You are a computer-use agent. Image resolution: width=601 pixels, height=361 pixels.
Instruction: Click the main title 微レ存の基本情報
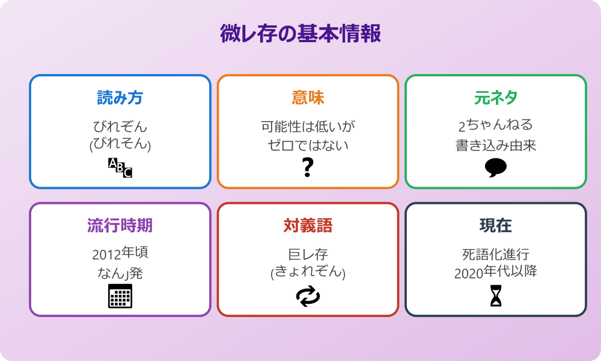(300, 34)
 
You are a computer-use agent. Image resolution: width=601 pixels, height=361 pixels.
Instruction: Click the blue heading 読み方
(120, 97)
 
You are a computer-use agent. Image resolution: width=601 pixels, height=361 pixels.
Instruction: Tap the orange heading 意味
(308, 97)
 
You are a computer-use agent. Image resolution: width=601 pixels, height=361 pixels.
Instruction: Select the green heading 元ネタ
(495, 97)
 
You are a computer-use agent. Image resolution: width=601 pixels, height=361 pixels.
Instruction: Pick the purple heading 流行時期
(120, 225)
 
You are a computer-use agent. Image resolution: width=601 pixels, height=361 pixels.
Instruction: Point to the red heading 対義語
(308, 225)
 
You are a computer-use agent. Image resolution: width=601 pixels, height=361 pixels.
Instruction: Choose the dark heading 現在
(495, 225)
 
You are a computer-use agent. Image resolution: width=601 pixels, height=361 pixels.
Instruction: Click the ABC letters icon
(120, 167)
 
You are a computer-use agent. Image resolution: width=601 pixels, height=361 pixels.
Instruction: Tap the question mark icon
(308, 167)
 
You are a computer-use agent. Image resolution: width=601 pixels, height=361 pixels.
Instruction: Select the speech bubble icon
(495, 167)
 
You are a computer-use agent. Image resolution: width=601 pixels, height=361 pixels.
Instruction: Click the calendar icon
(120, 295)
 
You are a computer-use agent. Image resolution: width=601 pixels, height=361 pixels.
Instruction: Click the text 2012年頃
(120, 253)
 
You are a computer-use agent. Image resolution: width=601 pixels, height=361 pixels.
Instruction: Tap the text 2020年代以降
(495, 272)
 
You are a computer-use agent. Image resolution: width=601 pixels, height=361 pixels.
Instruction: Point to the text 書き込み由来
(495, 145)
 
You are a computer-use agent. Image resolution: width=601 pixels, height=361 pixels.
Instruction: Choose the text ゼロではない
(308, 145)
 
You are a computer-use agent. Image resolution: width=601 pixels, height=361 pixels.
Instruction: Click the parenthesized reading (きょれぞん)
(308, 273)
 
